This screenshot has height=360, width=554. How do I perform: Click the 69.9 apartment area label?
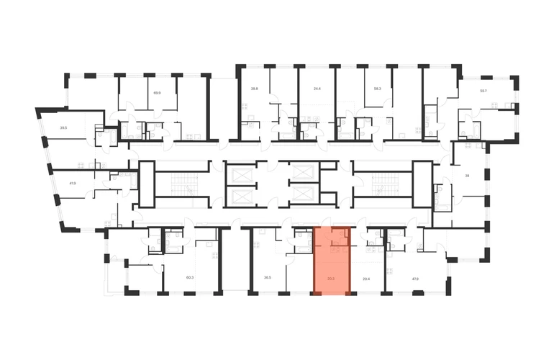[156, 93]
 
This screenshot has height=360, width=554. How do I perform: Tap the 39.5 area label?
[63, 127]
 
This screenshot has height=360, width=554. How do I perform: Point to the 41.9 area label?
[72, 184]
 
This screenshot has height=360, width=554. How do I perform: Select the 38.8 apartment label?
[254, 89]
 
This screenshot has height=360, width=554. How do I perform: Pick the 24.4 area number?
[316, 89]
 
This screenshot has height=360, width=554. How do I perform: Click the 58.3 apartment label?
[377, 89]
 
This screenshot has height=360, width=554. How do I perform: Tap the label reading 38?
[467, 174]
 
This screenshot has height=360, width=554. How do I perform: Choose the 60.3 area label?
[190, 276]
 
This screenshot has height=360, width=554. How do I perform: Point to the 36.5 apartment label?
[268, 276]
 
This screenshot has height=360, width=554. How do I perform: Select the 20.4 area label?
[366, 278]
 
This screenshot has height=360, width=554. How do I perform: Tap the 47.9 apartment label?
[415, 278]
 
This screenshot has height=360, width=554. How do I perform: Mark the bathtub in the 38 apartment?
[441, 196]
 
